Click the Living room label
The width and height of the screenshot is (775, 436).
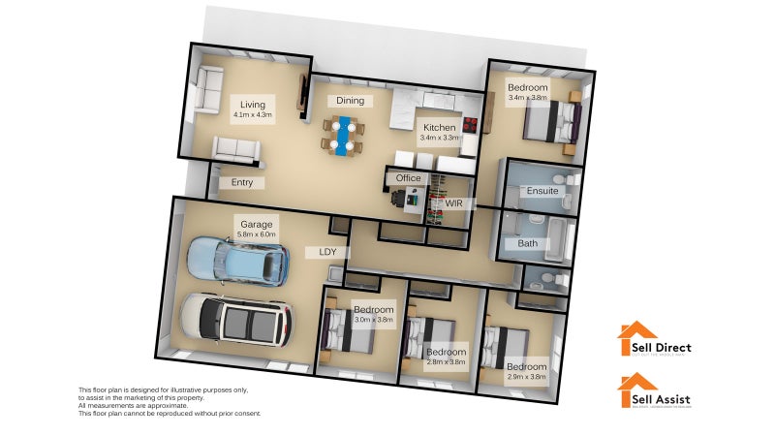coord(252,105)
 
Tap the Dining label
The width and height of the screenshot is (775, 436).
coord(349,101)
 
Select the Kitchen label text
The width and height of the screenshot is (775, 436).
coord(439,127)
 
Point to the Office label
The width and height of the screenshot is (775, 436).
coord(408,178)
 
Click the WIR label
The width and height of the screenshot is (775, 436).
coord(454,203)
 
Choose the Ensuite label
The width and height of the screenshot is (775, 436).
coord(542,191)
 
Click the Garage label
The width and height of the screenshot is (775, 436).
coord(257,223)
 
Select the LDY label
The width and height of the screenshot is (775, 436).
coord(315,252)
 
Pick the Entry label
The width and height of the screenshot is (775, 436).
coord(241,182)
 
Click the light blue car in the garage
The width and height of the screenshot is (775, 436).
coord(237,260)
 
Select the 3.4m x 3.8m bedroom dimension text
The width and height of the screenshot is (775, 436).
coord(527,98)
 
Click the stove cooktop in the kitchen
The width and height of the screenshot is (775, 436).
coord(470,124)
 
